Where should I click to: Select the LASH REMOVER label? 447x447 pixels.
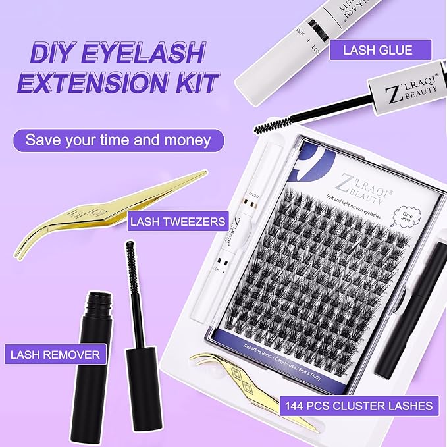55,355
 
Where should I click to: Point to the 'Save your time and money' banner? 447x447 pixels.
118,140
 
